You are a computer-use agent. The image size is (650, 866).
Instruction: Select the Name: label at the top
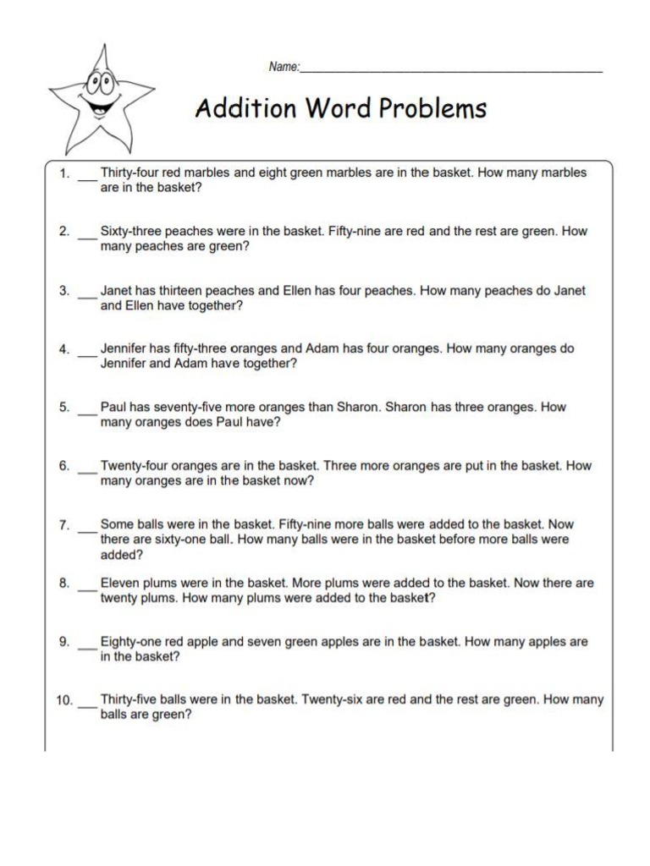pos(284,68)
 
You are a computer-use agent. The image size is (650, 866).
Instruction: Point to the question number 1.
pos(63,173)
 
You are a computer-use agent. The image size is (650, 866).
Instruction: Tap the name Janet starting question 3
pos(118,290)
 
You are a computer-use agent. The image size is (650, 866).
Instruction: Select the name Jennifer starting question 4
pos(125,348)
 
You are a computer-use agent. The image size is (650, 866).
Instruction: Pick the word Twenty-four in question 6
pos(132,465)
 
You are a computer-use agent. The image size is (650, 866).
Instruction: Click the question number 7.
pos(63,525)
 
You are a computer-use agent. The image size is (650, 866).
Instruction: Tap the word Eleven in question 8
pos(121,583)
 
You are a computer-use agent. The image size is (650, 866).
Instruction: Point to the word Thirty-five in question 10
pos(131,699)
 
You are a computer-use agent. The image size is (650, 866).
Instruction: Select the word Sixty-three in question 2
pos(133,231)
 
